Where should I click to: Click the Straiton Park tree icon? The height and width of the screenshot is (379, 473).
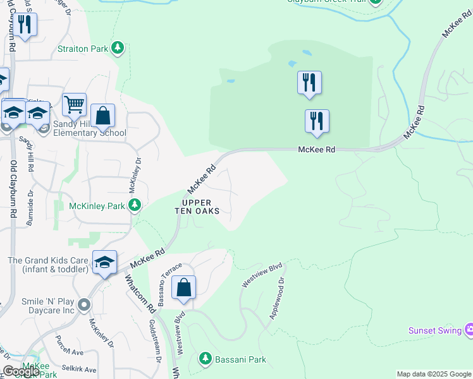[117, 47]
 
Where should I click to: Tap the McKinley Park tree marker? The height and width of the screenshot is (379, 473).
[134, 205]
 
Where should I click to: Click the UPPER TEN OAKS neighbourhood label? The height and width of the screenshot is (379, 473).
[197, 207]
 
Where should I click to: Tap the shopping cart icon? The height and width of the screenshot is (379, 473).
[75, 104]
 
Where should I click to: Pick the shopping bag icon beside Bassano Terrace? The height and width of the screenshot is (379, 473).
[183, 287]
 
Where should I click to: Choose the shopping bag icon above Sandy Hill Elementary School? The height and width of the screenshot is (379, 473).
[102, 116]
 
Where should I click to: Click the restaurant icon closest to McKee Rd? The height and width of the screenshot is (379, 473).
[317, 121]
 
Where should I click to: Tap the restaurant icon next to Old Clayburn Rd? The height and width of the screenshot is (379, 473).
[25, 25]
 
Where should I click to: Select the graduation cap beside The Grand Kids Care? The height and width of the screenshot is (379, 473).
[104, 263]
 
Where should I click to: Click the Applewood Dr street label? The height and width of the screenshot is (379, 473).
[278, 299]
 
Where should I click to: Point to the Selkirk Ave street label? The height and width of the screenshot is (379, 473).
[79, 369]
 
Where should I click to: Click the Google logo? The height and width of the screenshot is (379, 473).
[21, 371]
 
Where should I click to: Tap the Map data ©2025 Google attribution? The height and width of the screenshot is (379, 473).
[433, 374]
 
